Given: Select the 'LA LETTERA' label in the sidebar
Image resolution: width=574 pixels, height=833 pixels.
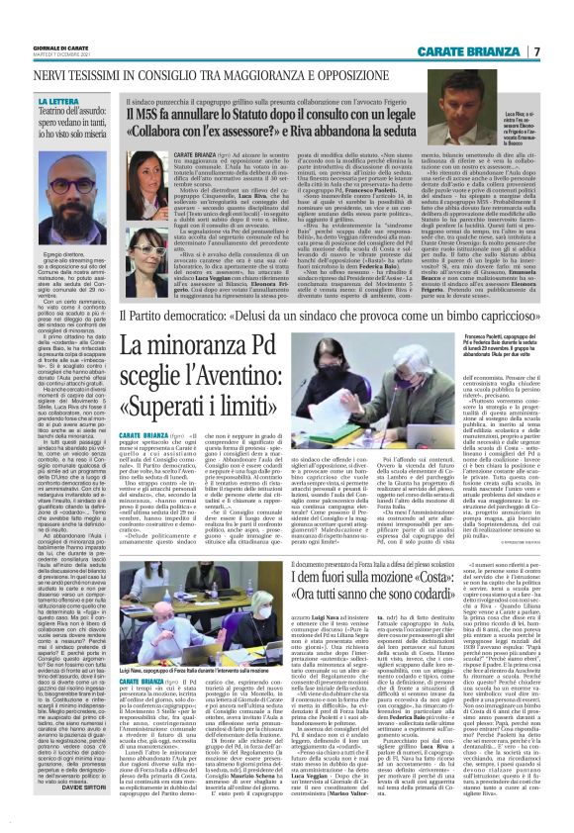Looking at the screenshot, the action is click(57, 101).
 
